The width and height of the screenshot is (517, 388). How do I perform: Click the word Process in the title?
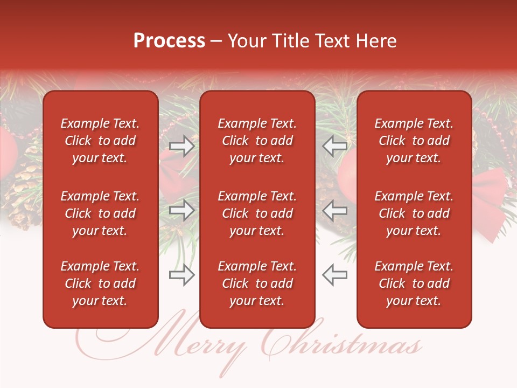[x=169, y=41]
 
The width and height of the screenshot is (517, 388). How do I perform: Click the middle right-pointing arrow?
[x=181, y=210]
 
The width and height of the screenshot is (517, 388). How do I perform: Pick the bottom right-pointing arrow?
[x=181, y=275]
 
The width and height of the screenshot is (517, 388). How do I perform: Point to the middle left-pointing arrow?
[x=335, y=210]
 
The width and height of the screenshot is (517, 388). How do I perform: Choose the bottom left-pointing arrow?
[x=335, y=275]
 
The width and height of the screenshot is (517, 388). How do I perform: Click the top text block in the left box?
[x=100, y=141]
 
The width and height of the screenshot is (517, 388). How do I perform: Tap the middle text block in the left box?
[x=100, y=213]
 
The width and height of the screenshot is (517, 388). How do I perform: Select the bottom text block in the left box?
[x=100, y=283]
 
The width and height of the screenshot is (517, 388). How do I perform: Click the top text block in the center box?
[x=257, y=141]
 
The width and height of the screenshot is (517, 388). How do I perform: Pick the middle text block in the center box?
[x=257, y=213]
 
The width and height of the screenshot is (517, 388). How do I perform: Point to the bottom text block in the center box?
[x=257, y=283]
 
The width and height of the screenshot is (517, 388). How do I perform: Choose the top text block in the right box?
[x=414, y=141]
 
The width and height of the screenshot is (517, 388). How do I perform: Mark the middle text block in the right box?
[x=414, y=213]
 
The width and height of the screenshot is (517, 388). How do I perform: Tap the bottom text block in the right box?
[x=414, y=283]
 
